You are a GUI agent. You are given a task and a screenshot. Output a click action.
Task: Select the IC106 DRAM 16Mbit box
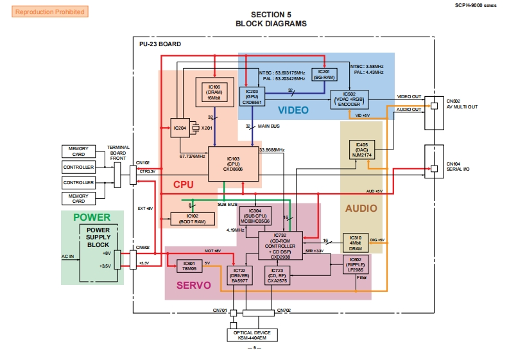pyautogui.click(x=214, y=92)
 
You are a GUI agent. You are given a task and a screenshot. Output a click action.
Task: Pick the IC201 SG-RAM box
pyautogui.click(x=324, y=74)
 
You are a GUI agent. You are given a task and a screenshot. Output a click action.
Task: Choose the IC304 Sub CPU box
pyautogui.click(x=255, y=216)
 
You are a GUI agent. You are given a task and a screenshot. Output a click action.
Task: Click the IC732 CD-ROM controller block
pyautogui.click(x=280, y=246)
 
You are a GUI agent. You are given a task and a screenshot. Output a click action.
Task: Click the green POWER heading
pyautogui.click(x=91, y=217)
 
